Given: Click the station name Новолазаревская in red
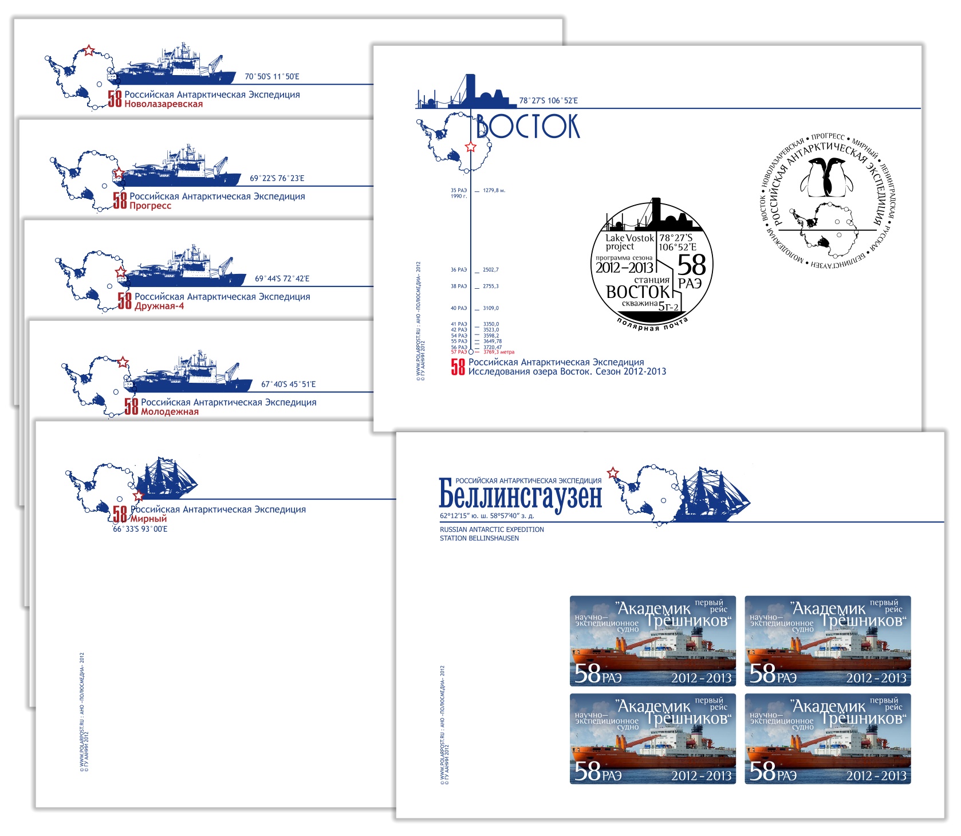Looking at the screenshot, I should (163, 104).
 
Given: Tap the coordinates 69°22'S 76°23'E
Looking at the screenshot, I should (277, 178).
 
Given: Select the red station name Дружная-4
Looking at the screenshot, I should (159, 306).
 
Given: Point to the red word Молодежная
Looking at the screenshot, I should (170, 411).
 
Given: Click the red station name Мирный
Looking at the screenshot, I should (148, 519).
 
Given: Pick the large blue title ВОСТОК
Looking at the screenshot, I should (527, 127).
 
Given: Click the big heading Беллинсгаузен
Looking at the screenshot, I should (520, 495).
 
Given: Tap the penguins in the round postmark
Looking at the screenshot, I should (826, 177).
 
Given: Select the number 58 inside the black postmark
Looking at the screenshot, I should (691, 265).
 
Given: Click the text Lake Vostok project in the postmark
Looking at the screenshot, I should (629, 242).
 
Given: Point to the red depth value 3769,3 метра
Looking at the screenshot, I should (499, 352).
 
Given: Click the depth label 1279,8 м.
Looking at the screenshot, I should (494, 190).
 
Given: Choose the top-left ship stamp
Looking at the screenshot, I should (652, 641).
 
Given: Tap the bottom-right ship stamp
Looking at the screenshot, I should (828, 739).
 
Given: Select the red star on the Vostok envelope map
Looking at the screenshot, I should (470, 147).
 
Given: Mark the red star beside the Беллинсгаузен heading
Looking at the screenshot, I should (613, 473).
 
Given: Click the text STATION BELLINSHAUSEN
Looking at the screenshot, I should (479, 538).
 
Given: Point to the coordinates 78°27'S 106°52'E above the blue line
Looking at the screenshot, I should (548, 101).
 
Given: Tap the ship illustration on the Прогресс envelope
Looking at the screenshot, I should (183, 168).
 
